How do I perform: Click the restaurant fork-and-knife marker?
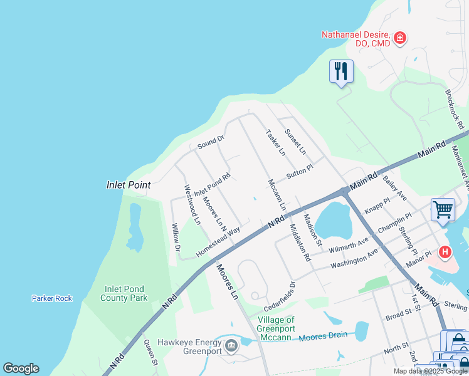[341, 71]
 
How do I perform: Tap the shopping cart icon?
[443, 209]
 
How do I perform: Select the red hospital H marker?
[445, 252]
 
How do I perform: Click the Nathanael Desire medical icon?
[400, 39]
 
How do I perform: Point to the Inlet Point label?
[128, 185]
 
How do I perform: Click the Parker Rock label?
[52, 298]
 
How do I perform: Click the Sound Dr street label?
[211, 142]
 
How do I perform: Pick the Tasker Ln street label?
[275, 143]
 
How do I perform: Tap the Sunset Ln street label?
[295, 142]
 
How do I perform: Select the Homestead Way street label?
[218, 241]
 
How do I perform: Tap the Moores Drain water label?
[322, 336]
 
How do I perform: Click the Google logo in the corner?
[21, 368]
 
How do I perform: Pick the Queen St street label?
[150, 353]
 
